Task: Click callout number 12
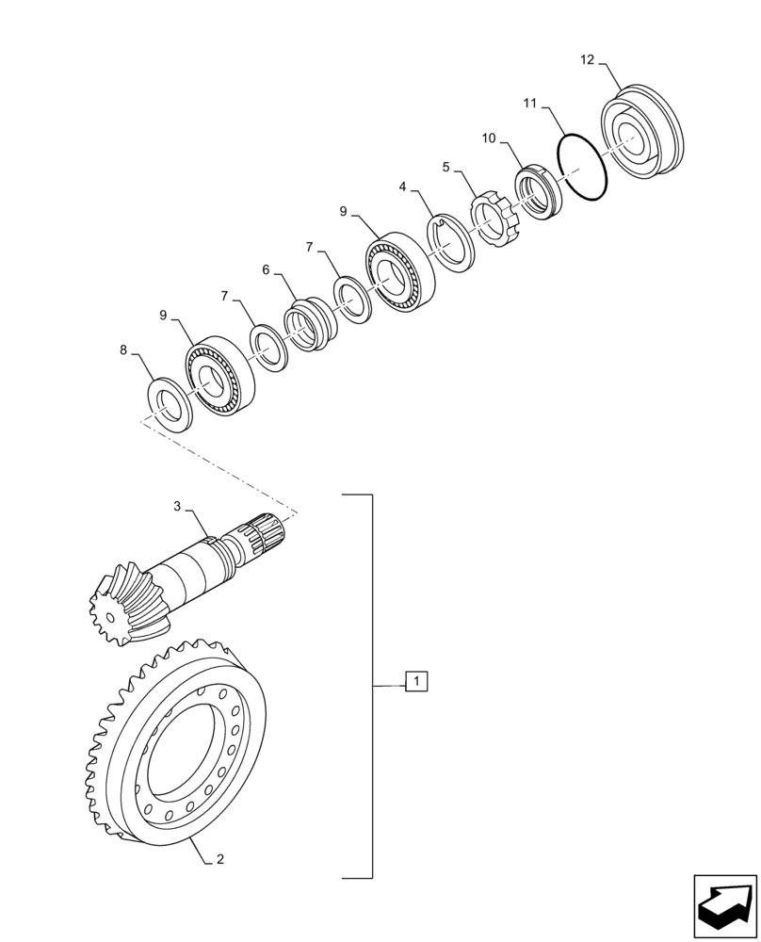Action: (588, 60)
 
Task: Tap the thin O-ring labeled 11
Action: (582, 168)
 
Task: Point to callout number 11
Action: (530, 102)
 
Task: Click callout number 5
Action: (446, 167)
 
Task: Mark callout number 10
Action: (488, 138)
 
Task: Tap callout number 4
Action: (403, 187)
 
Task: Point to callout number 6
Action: (267, 269)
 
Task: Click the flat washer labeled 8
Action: (170, 404)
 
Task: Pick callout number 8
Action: (123, 350)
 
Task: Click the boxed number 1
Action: (416, 681)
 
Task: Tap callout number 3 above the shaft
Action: (177, 506)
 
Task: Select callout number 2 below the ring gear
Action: (219, 859)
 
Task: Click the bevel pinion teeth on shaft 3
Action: (122, 604)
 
